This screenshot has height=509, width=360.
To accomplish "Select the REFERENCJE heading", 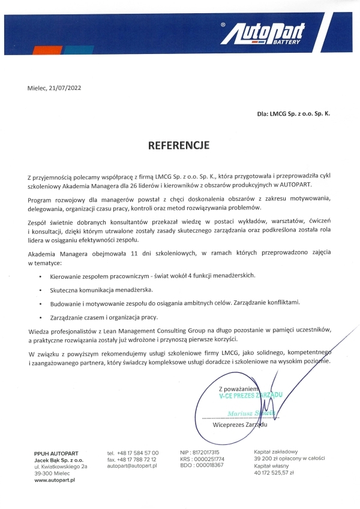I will coord(179,144).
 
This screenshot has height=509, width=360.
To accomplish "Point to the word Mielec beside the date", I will coord(37,88).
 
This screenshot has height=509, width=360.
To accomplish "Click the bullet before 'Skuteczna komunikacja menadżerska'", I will coord(40,289).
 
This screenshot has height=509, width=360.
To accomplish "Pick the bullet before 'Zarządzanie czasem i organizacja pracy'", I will coord(40,317).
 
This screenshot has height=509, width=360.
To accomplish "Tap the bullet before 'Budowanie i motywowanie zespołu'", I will coord(40,303).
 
